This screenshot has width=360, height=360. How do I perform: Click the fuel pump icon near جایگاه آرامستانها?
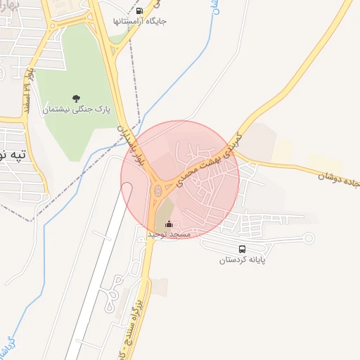coord(139,11)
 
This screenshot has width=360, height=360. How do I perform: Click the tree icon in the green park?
coord(76,98)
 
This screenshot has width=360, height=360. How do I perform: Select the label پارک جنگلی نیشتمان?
coord(77,109)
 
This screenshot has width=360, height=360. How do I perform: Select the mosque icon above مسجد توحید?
coord(168,224)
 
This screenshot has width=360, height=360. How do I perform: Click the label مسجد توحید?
coord(169,234)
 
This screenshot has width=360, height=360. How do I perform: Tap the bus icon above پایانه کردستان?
coord(243,249)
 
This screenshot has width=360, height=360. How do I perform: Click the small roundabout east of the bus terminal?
coord(307,238)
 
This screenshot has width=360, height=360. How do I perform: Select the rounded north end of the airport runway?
coord(127,187)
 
